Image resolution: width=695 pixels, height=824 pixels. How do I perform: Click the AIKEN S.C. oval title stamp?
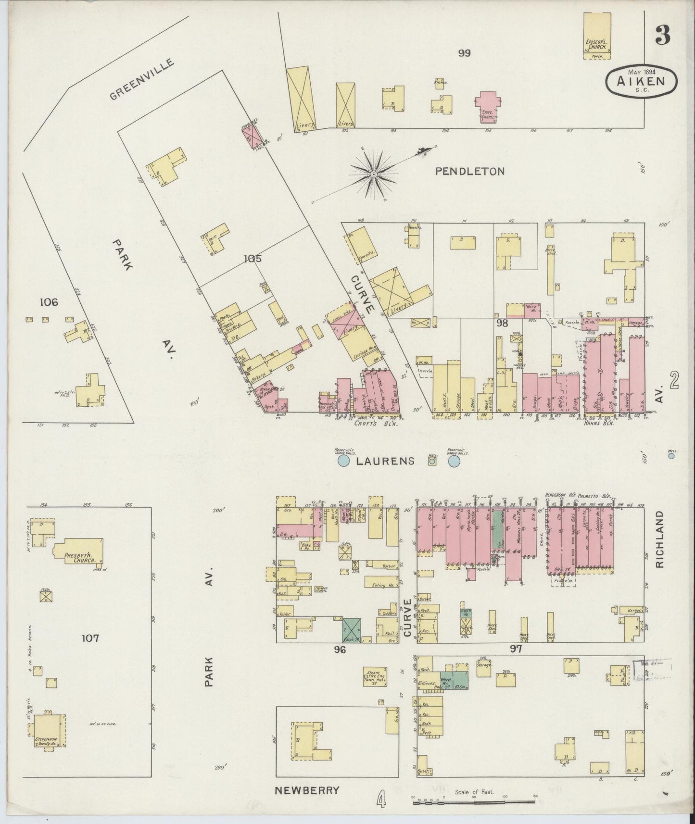tap(642, 81)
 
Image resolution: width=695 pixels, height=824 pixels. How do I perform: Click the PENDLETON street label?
tap(470, 171)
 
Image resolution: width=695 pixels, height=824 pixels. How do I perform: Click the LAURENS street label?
tap(385, 461)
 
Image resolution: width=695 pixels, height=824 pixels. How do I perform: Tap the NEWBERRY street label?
tap(306, 790)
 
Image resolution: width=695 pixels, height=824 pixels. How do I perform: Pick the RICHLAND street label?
tap(659, 539)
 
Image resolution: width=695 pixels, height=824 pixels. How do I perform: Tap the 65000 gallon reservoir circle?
tap(454, 462)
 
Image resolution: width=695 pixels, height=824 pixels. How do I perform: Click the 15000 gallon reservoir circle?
tap(343, 462)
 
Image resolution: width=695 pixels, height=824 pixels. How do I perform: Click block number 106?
tap(49, 302)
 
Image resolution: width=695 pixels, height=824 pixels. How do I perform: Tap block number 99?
tap(464, 53)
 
